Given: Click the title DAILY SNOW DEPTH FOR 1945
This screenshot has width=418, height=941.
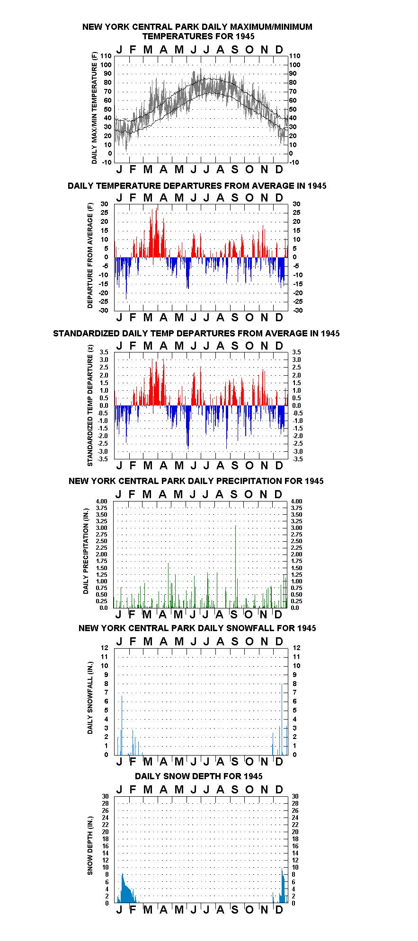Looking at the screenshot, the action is pyautogui.click(x=198, y=776).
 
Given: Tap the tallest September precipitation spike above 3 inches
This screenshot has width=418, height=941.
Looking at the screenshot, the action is pyautogui.click(x=235, y=566).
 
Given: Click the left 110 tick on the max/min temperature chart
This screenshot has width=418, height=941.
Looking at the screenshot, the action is pyautogui.click(x=107, y=56).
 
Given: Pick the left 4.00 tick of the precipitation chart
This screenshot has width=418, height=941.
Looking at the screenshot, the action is pyautogui.click(x=102, y=501).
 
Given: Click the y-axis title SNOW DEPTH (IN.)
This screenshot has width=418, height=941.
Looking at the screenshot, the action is pyautogui.click(x=90, y=845).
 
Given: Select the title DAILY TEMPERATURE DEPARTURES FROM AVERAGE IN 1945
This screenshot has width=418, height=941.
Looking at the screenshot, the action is pyautogui.click(x=197, y=186).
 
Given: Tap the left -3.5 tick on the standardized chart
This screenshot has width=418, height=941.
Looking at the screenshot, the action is pyautogui.click(x=103, y=459).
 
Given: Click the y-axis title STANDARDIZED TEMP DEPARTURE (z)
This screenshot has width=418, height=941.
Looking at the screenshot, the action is pyautogui.click(x=90, y=405).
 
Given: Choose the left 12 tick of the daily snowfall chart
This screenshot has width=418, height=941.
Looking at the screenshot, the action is pyautogui.click(x=105, y=648).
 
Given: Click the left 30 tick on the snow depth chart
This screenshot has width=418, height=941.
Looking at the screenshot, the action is pyautogui.click(x=105, y=797).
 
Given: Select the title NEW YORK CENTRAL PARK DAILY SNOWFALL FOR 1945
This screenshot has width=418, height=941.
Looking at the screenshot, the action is pyautogui.click(x=197, y=628).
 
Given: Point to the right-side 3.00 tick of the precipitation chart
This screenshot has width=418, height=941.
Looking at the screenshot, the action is pyautogui.click(x=296, y=528).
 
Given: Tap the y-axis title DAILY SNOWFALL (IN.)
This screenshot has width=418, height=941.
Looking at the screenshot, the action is pyautogui.click(x=90, y=698).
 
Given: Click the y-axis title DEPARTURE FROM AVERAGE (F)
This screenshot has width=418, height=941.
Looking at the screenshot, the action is pyautogui.click(x=90, y=255).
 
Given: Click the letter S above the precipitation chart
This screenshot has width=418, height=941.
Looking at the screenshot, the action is pyautogui.click(x=234, y=494).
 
